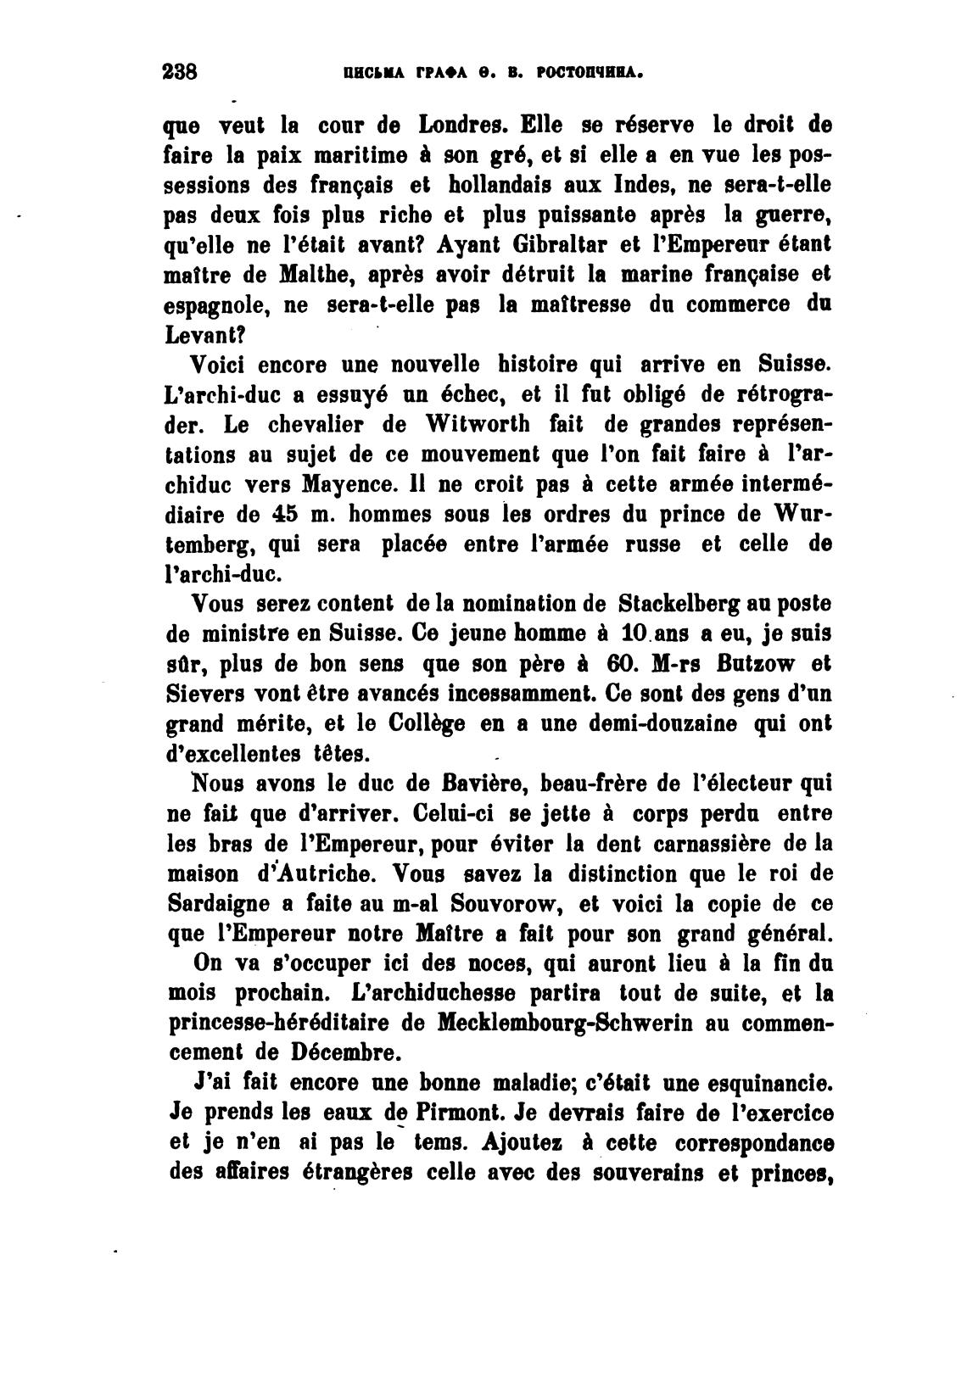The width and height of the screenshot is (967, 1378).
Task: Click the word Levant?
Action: [x=197, y=335]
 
